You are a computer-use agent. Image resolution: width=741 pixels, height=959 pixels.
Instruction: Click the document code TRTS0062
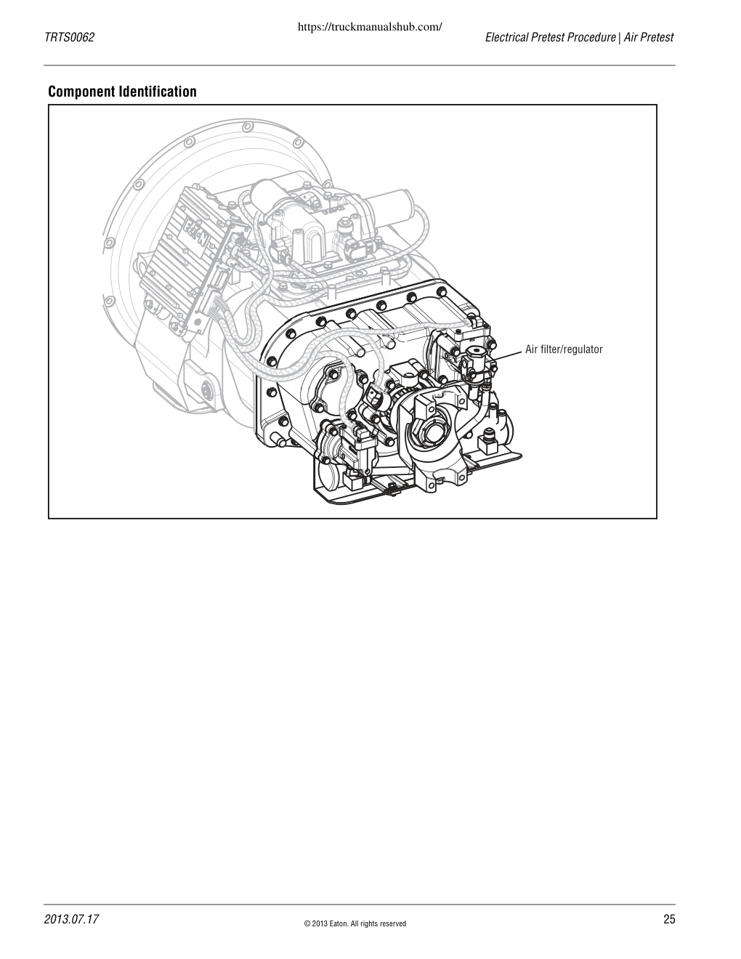[x=69, y=37]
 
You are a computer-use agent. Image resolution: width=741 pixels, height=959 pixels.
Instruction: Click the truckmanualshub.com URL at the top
[x=370, y=27]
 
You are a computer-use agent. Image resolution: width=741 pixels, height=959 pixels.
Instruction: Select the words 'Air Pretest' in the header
[x=648, y=37]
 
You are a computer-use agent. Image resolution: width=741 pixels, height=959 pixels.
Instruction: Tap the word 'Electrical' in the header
[x=506, y=37]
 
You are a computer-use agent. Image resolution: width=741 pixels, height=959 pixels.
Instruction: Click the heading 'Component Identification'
[x=122, y=92]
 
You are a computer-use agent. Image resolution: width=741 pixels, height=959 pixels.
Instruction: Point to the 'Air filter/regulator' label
[x=564, y=349]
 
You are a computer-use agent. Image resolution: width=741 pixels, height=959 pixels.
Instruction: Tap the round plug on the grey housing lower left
[x=206, y=391]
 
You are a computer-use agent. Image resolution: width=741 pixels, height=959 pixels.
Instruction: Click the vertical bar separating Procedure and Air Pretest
[x=619, y=38]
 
